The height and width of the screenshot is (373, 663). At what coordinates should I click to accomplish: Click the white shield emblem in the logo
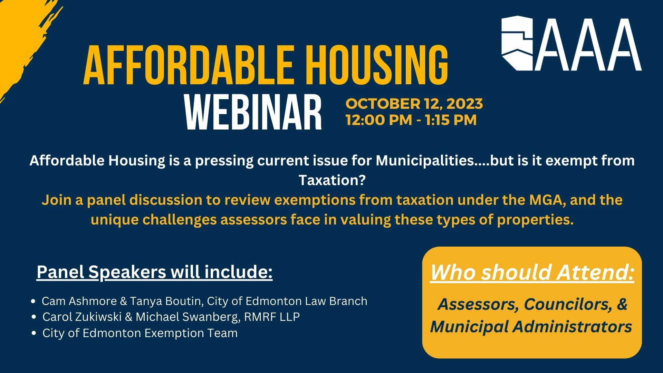(x=517, y=43)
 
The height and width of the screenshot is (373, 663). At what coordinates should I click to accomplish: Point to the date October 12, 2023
(x=414, y=104)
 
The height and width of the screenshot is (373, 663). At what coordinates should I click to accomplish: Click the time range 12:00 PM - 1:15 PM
(x=411, y=120)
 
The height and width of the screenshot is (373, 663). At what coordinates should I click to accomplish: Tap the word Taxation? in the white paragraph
(x=331, y=180)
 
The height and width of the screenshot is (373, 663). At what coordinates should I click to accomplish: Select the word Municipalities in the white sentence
(x=424, y=161)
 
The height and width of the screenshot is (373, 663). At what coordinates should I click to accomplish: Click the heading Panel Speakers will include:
(x=155, y=272)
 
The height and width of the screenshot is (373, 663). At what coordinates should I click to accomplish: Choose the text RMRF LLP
(x=272, y=317)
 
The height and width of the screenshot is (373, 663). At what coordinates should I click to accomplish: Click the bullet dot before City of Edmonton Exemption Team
(x=33, y=333)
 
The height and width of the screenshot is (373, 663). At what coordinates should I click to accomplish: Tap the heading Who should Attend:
(x=532, y=272)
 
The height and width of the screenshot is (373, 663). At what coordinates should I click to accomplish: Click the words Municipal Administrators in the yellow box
(x=531, y=327)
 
